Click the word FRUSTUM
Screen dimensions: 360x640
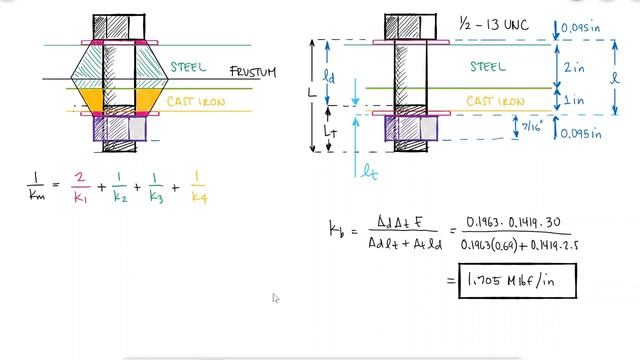pyautogui.click(x=252, y=72)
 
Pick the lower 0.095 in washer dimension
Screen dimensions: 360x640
pyautogui.click(x=584, y=132)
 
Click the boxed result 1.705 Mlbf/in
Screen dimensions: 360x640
pyautogui.click(x=516, y=281)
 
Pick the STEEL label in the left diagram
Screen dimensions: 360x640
pyautogui.click(x=188, y=68)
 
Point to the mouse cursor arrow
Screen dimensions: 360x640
pyautogui.click(x=276, y=297)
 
